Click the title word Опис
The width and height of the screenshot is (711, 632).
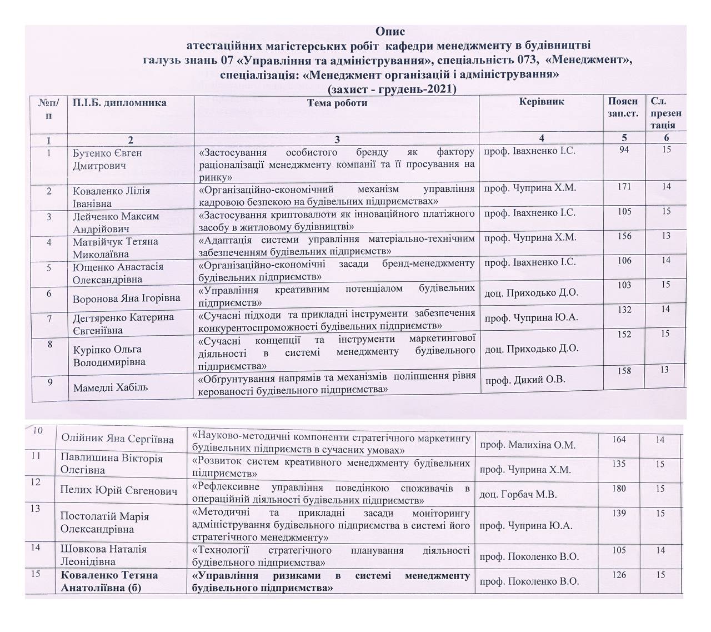pyautogui.click(x=390, y=31)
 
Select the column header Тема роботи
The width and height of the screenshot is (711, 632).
pyautogui.click(x=337, y=103)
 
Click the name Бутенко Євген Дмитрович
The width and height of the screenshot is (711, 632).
pyautogui.click(x=107, y=159)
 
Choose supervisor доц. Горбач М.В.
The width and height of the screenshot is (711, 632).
pyautogui.click(x=518, y=494)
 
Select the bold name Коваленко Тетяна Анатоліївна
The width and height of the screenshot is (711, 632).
pyautogui.click(x=109, y=581)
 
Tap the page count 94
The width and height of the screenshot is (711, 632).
pyautogui.click(x=624, y=149)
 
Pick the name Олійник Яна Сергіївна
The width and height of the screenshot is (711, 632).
pyautogui.click(x=118, y=439)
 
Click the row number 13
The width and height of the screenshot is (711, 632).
pyautogui.click(x=37, y=508)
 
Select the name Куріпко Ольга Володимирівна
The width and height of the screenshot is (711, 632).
pyautogui.click(x=109, y=356)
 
